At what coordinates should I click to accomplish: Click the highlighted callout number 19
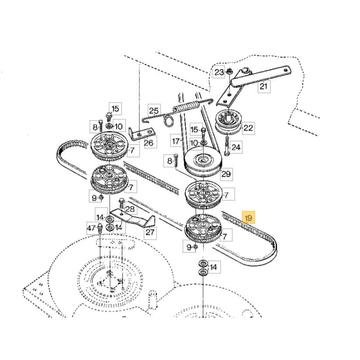249,217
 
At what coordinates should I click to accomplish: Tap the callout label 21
264,86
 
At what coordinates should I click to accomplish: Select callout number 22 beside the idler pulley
248,128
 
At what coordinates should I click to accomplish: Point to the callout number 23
219,72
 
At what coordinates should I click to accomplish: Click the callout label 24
236,147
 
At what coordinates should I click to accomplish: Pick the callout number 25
154,111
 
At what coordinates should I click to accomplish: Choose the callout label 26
149,142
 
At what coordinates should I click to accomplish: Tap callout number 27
150,232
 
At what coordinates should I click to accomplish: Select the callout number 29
226,174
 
